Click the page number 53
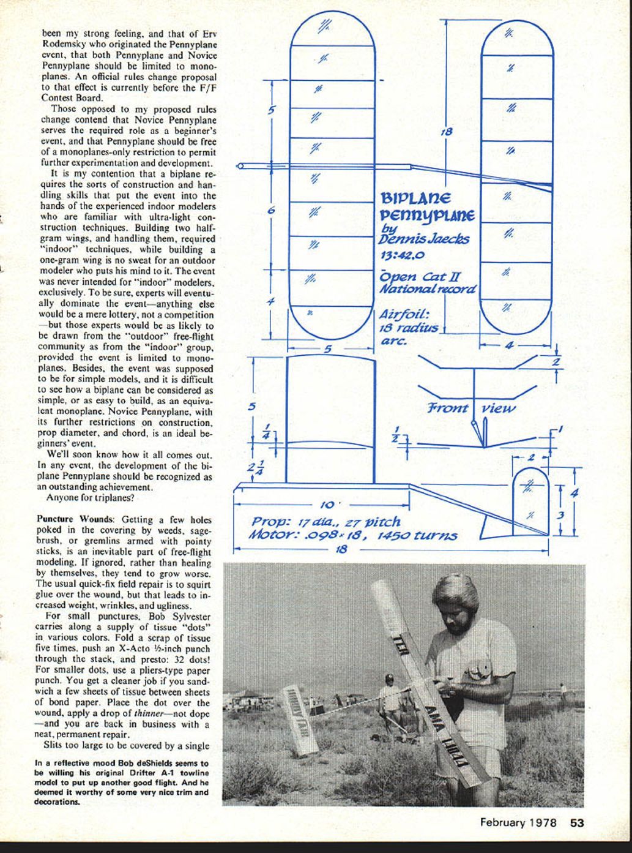577,822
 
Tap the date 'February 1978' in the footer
518,822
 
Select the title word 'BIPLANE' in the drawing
416,198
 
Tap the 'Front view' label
471,408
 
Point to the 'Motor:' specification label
273,535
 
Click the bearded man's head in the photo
455,603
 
